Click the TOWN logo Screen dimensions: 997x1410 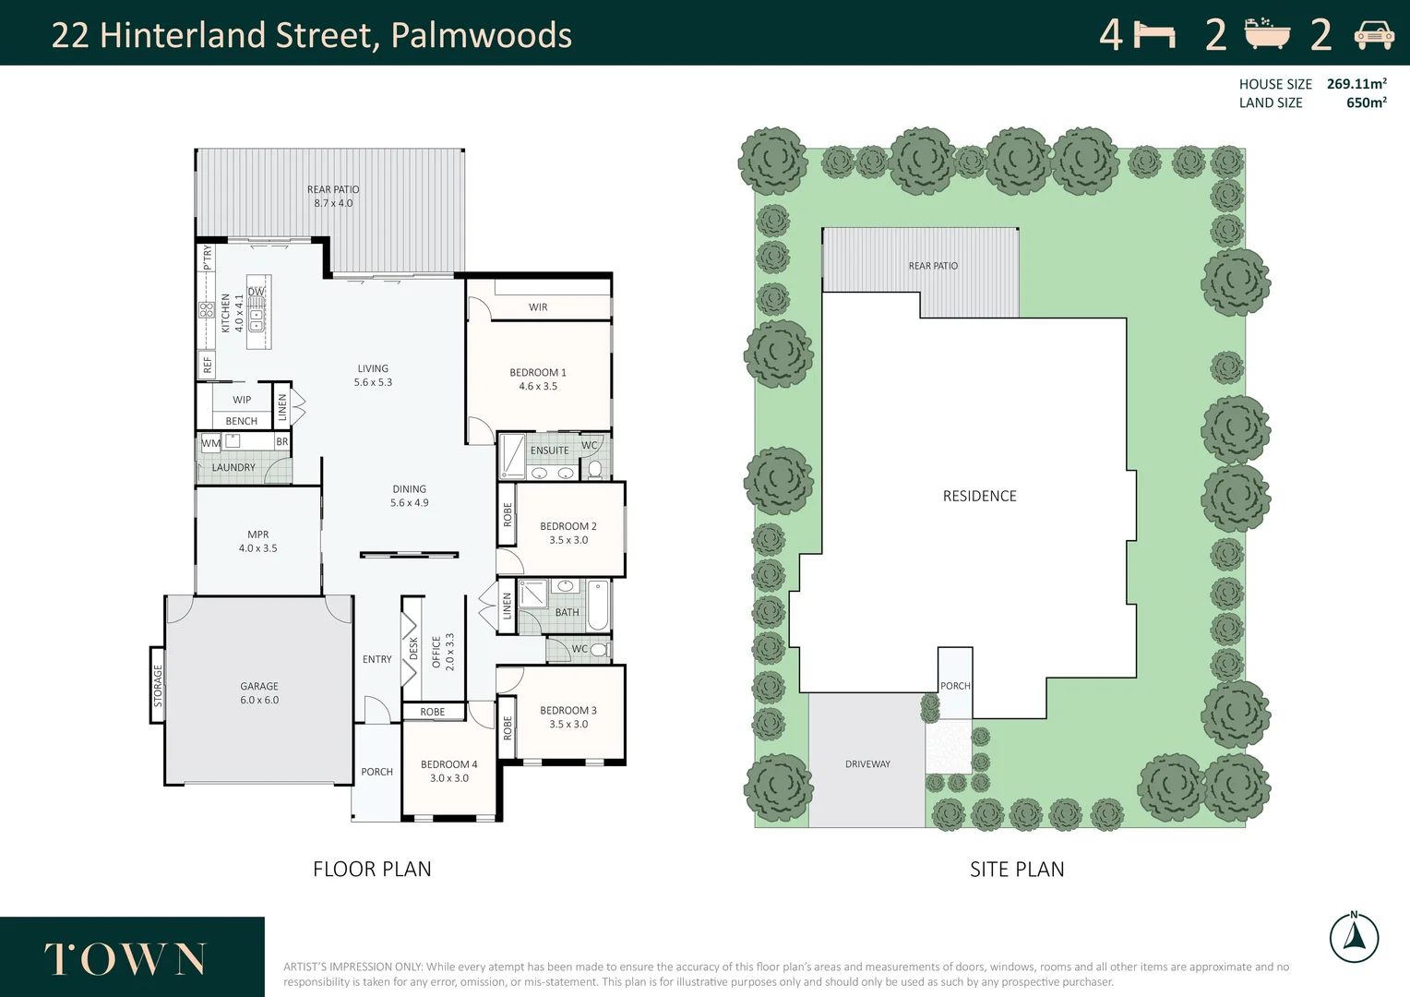point(125,959)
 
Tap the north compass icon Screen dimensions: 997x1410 point(1354,938)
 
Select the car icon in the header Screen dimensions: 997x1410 point(1373,35)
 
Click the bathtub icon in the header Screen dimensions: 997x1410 point(1267,34)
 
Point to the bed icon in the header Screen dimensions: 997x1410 point(1154,35)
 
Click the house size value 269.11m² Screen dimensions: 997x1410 point(1356,84)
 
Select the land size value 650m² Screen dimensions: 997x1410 point(1366,103)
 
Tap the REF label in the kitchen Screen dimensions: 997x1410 point(208,365)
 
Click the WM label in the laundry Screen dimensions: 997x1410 point(211,443)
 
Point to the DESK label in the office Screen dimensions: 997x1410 point(412,649)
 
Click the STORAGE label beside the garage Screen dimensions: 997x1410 point(158,686)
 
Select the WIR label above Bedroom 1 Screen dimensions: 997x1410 point(538,307)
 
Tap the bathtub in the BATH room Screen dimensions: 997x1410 point(597,605)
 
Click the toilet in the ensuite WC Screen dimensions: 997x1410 point(595,469)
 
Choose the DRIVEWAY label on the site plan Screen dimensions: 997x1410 point(867,764)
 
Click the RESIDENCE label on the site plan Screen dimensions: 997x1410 point(979,497)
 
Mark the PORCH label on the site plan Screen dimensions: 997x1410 point(955,686)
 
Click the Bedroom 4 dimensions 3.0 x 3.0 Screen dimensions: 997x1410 point(449,778)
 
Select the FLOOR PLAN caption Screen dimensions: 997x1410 point(372,870)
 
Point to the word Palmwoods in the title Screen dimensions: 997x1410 point(481,35)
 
